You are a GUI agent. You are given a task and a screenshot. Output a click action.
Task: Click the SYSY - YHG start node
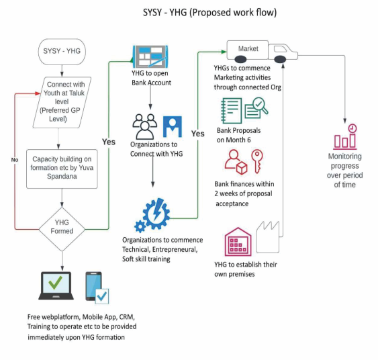coord(62,52)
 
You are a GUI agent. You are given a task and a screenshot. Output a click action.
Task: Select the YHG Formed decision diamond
coord(62,229)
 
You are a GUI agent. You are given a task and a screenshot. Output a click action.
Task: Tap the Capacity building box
coord(62,169)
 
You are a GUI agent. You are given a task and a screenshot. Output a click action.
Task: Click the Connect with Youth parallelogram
coord(62,102)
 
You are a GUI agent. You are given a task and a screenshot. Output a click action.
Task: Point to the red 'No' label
coord(15,160)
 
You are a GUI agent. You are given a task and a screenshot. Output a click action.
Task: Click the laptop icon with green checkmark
coord(56,285)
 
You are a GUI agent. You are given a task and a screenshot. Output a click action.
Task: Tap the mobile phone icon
coord(93,286)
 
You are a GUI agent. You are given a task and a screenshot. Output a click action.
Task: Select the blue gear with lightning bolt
coord(152,215)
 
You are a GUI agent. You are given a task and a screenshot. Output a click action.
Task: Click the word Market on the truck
coord(248,49)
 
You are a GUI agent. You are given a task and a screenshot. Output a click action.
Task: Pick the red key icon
coord(257,161)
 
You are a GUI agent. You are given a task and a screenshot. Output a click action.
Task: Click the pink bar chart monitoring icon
coord(345,137)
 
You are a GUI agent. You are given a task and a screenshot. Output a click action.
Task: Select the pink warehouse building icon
coord(238,242)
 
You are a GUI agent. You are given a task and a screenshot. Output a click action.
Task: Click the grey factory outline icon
coord(268,237)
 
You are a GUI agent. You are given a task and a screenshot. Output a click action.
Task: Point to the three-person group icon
coord(144,126)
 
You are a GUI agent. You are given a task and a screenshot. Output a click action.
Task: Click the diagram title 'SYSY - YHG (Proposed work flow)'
coord(209,13)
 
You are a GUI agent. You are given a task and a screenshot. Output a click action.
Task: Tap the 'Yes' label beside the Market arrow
coord(197,134)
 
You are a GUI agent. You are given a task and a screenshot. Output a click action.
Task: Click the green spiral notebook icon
coord(231,110)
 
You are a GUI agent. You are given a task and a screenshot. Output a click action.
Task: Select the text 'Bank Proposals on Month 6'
coord(238,135)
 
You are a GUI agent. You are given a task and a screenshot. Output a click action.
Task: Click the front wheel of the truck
coord(280,59)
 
